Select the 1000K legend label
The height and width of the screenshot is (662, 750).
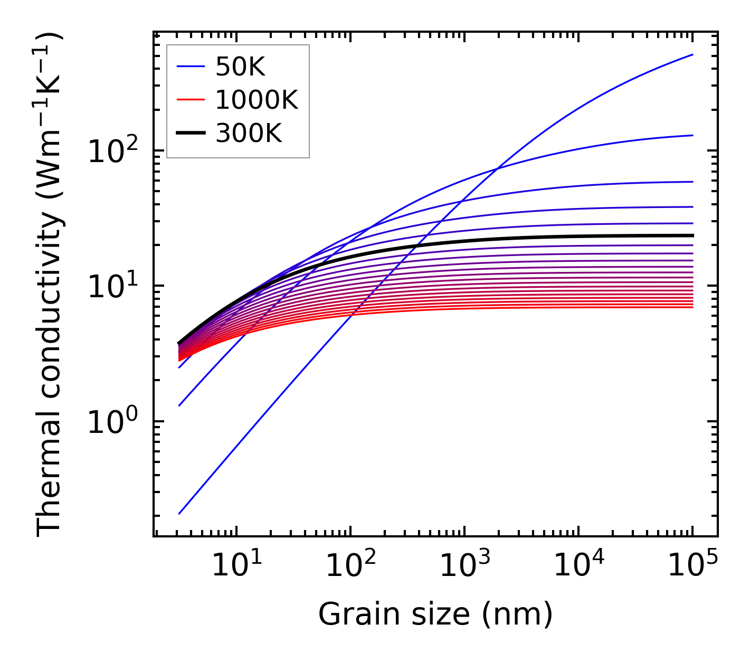[x=257, y=100]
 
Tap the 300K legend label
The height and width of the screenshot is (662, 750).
[x=249, y=134]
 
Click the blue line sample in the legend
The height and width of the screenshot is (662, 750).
[x=190, y=67]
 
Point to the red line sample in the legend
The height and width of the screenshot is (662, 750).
[x=190, y=100]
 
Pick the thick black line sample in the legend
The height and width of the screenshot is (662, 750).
[x=190, y=134]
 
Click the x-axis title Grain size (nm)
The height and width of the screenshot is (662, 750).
[x=435, y=614]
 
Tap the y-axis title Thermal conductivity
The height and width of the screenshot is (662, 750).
[x=50, y=285]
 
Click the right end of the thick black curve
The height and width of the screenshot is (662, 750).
[x=692, y=235]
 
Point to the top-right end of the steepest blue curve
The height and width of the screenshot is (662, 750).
[x=692, y=54]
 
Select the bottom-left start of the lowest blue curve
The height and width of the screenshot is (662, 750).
[x=179, y=513]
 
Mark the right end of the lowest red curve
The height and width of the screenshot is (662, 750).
[x=692, y=307]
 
